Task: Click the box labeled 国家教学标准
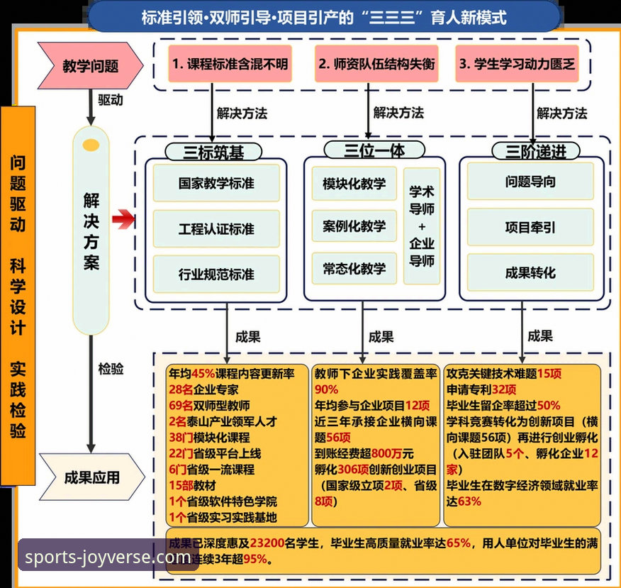[216, 183]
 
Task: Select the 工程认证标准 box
[216, 229]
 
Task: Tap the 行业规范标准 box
[216, 274]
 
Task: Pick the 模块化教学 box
[354, 184]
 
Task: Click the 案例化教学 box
[354, 226]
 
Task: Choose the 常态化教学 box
[354, 268]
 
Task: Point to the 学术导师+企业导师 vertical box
[422, 226]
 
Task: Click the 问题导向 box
[530, 182]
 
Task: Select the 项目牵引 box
[530, 227]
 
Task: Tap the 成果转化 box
[530, 272]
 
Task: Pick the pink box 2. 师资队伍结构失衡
[376, 63]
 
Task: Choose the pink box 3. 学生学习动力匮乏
[517, 63]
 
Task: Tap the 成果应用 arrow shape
[89, 477]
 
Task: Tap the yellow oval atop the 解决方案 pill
[91, 145]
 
